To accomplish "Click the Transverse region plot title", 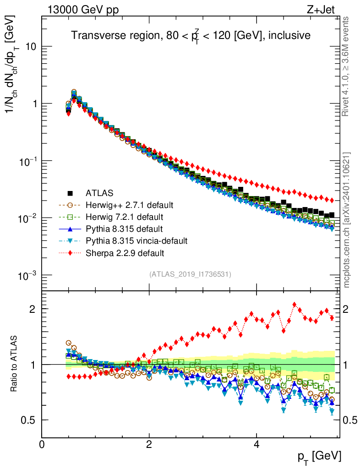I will [x=191, y=36].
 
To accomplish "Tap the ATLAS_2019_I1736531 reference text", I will [x=190, y=274].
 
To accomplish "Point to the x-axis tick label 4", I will [x=256, y=444].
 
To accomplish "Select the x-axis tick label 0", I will [x=42, y=444].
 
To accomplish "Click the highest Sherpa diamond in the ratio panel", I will [x=295, y=305].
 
